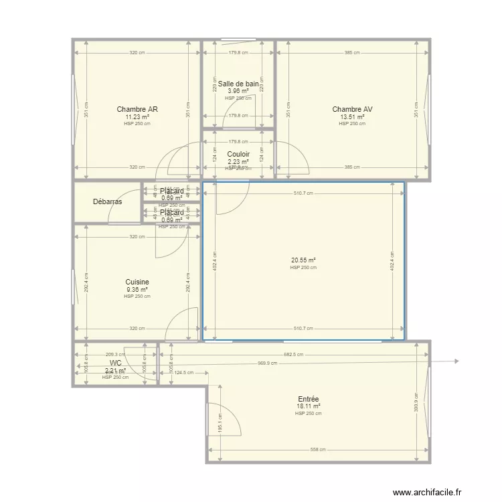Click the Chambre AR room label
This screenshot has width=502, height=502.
137,109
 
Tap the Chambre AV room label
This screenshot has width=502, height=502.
352,109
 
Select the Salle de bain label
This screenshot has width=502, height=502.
238,84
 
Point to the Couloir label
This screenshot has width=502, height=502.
238,154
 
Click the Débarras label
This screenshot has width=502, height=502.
107,201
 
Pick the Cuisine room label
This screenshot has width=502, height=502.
137,282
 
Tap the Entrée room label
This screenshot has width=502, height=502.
309,399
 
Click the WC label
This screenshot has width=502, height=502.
116,363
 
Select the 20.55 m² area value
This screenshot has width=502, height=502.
303,260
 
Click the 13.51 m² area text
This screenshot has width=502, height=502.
352,116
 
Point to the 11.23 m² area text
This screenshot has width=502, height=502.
137,116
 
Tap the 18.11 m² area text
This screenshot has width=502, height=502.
309,406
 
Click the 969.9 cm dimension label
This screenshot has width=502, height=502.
268,363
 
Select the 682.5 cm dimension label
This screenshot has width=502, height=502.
293,355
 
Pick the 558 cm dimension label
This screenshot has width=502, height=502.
319,450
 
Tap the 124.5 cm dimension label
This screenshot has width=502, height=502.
183,373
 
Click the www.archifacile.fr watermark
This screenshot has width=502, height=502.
427,493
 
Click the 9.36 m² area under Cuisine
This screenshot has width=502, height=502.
137,290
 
